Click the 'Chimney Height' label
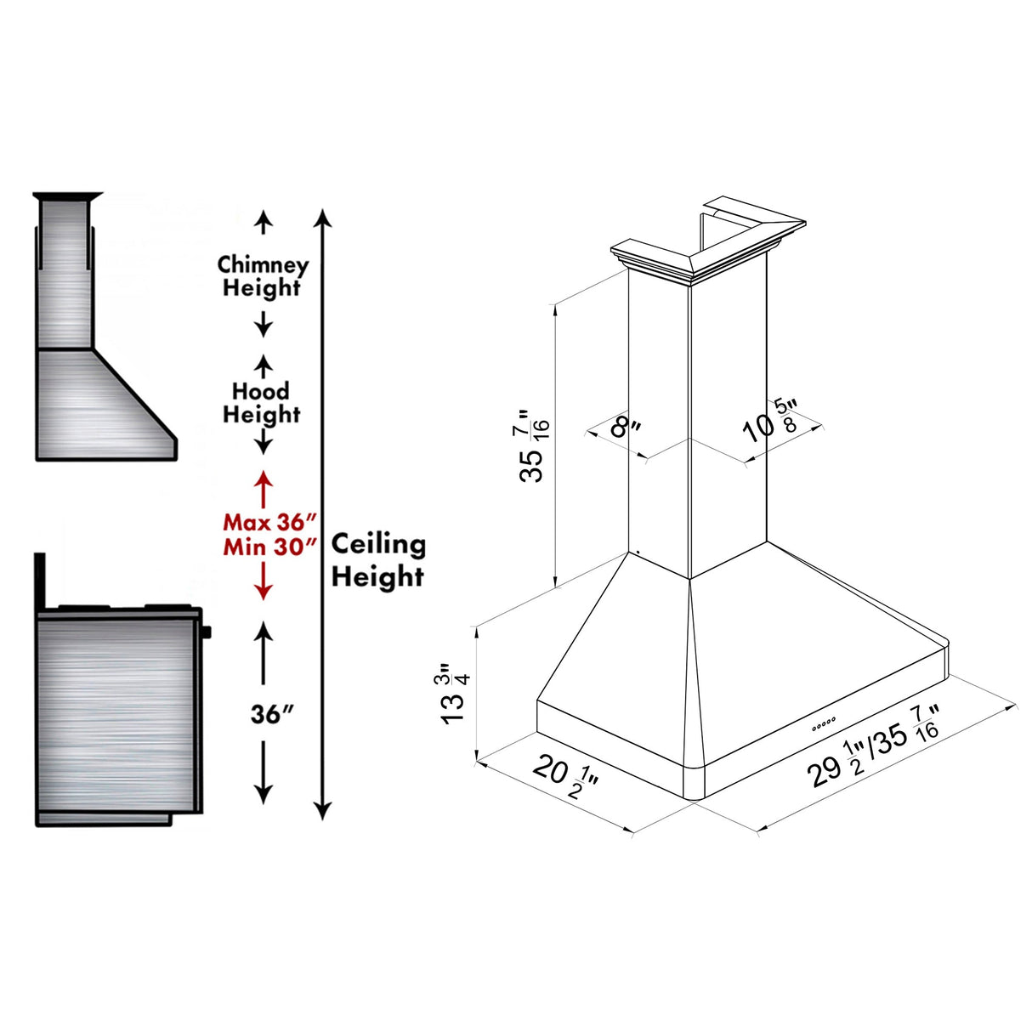[x=263, y=276]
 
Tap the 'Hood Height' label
[x=262, y=403]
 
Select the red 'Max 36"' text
[x=269, y=522]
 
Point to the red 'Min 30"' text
[x=269, y=547]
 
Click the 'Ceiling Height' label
[x=378, y=559]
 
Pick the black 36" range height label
[x=271, y=714]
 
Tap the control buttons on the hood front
[x=824, y=723]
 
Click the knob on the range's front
[x=207, y=632]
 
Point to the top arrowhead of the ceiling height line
[x=322, y=217]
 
